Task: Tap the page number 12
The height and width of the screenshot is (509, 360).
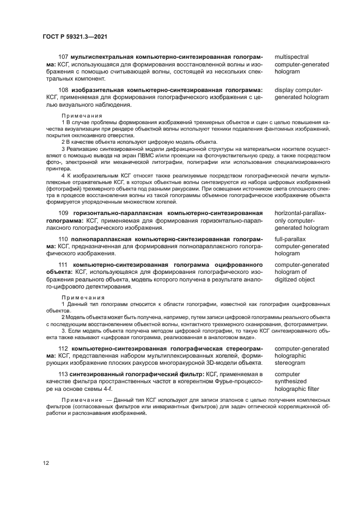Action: (46, 463)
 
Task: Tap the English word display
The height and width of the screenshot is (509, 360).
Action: (284, 90)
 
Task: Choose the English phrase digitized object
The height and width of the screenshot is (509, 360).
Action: (295, 279)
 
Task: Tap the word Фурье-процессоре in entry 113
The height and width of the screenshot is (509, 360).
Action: (237, 382)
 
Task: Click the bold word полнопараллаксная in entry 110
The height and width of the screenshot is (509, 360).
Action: (101, 239)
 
